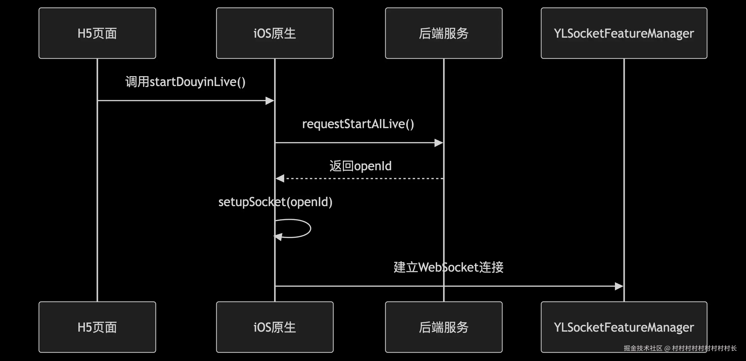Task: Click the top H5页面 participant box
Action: point(97,33)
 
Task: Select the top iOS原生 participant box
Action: point(275,33)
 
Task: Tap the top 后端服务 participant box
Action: point(443,33)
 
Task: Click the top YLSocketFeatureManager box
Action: point(624,33)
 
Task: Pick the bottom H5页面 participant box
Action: point(97,327)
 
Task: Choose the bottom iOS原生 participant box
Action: point(275,327)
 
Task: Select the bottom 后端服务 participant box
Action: point(443,327)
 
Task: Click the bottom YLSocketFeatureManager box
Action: point(624,327)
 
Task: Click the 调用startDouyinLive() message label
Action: point(185,82)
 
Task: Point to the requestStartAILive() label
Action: point(358,124)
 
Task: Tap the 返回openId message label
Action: point(360,166)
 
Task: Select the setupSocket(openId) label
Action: point(275,202)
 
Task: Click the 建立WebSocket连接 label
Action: point(448,267)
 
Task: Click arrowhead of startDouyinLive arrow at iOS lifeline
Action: point(270,101)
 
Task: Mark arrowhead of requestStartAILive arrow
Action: point(439,143)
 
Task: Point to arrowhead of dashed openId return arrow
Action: point(280,178)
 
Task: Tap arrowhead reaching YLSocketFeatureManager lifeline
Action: point(619,286)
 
